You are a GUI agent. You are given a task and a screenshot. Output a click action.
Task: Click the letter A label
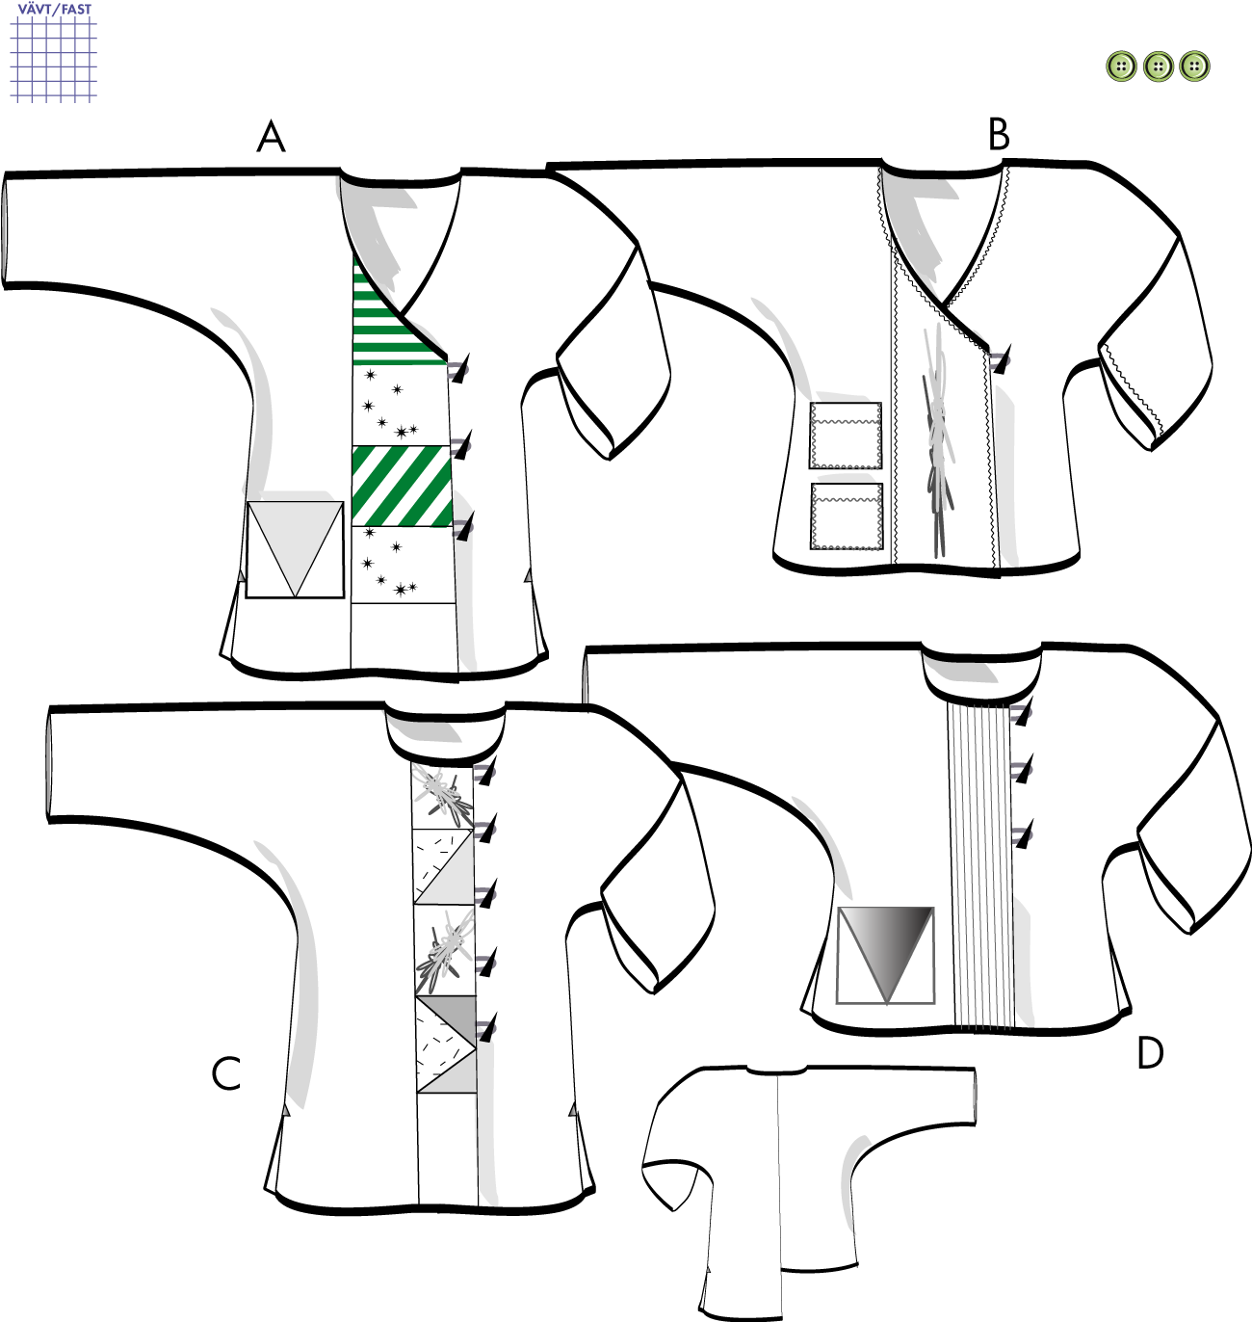coord(272,138)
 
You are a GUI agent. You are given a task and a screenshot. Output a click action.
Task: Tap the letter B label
coord(999,135)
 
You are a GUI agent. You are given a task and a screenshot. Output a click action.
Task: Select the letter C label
coord(226,1073)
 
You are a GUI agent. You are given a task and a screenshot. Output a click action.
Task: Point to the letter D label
coord(1150,1053)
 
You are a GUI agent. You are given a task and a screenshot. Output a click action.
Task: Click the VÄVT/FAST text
coord(55,9)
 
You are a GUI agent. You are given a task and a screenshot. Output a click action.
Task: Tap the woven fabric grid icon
coord(54,59)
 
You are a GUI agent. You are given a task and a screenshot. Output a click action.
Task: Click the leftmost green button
coord(1121,66)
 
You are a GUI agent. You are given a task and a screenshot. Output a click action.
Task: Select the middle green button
coord(1159,66)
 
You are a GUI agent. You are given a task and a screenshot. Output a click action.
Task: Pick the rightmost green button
coord(1194,66)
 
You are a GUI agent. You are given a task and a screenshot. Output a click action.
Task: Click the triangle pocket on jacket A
coord(295,549)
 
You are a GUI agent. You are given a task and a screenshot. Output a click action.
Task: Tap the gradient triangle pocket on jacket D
coord(886,955)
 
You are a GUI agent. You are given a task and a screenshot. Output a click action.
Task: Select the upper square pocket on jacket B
coord(846,436)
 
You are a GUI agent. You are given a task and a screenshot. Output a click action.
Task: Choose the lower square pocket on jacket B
coord(846,516)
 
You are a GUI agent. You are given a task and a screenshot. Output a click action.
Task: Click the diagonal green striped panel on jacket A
coord(402,486)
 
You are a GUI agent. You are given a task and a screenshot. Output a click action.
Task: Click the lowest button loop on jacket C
coord(485,1028)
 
